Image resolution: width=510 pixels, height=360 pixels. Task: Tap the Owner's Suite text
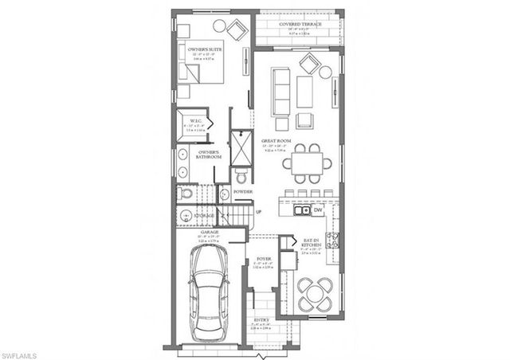(x=204, y=49)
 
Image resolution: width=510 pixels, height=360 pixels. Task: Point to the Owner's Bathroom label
(x=209, y=155)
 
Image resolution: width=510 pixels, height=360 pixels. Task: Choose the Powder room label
(x=243, y=192)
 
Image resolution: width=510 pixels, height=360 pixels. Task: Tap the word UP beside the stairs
(x=257, y=212)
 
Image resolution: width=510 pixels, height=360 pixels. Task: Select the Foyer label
(x=263, y=260)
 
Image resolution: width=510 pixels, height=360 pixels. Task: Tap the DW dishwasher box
(x=318, y=212)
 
